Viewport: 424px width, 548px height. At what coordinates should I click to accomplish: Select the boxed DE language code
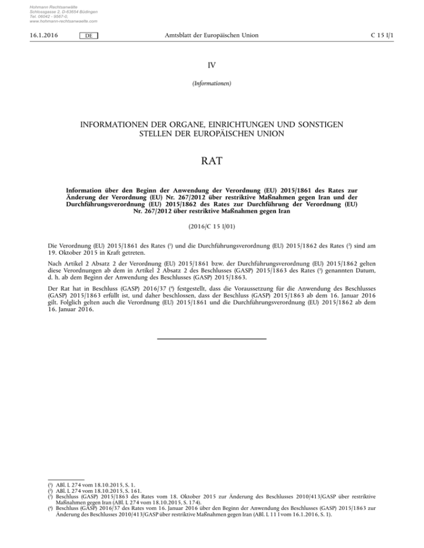(x=88, y=36)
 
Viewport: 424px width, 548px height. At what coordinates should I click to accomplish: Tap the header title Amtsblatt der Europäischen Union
(x=213, y=36)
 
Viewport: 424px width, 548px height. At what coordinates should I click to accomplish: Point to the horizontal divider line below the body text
(x=211, y=338)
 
